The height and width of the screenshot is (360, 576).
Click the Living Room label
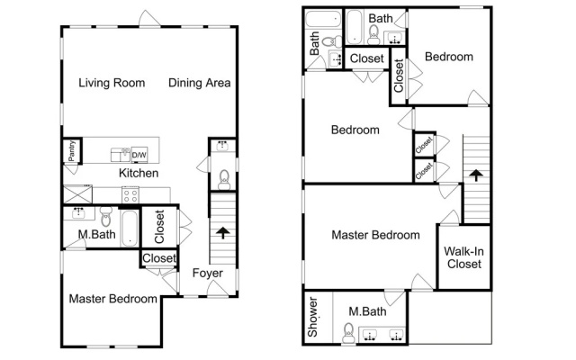tap(112, 83)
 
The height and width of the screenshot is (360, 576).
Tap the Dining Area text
tap(200, 83)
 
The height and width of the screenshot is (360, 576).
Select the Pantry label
tap(72, 150)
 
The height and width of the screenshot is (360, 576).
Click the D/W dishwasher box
tap(139, 155)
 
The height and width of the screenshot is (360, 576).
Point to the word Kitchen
tap(139, 173)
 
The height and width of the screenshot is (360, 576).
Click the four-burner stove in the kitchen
tap(130, 194)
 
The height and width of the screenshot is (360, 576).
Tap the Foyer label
tap(208, 273)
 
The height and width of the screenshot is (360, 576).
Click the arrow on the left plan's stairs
tap(223, 233)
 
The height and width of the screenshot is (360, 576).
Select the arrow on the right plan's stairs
tap(476, 175)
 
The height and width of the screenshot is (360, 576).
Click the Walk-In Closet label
tap(464, 257)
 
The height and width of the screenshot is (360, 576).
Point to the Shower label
tap(312, 317)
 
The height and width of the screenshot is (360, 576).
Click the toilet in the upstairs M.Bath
tap(348, 332)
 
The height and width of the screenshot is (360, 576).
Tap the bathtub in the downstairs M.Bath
tap(130, 228)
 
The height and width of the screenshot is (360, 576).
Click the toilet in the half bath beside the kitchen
tap(224, 180)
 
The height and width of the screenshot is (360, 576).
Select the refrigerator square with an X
tap(77, 194)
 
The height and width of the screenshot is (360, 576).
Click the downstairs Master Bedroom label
tap(113, 299)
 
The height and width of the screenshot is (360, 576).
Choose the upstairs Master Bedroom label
tap(376, 235)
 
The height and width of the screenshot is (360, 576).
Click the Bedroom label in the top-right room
tap(449, 57)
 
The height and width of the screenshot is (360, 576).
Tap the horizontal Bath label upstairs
tap(381, 18)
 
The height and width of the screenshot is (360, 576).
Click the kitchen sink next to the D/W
tap(121, 155)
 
